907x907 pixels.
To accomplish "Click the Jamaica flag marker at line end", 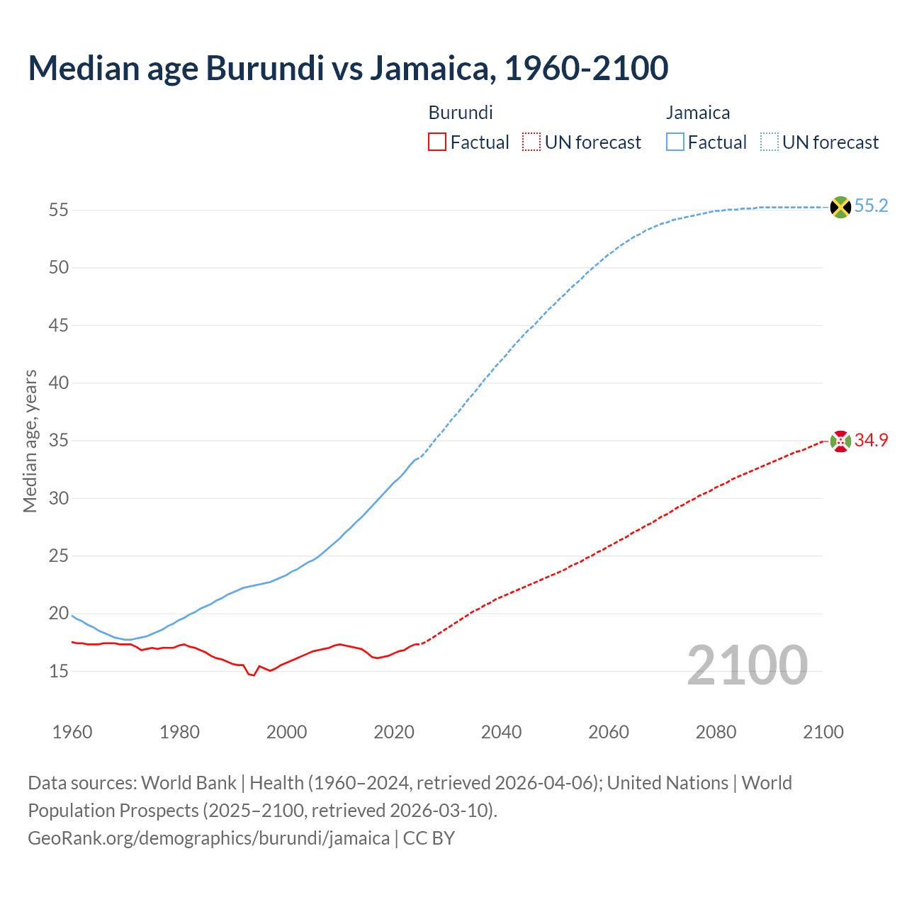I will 840,207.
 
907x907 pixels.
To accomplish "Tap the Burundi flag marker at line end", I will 840,441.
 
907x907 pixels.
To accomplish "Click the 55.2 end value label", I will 871,206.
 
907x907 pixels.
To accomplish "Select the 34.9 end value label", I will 871,440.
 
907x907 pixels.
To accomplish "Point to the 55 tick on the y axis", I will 59,210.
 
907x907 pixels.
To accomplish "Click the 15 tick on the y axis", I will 59,671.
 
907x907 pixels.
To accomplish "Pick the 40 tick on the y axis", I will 59,383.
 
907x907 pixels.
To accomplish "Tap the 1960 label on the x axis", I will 72,732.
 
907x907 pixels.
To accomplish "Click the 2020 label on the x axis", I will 394,732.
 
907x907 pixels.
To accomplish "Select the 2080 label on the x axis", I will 716,732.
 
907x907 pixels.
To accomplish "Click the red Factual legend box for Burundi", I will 437,142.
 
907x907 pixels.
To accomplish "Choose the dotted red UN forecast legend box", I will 531,142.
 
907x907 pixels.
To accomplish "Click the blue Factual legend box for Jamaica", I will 675,142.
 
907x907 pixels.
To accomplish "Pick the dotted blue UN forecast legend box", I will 770,142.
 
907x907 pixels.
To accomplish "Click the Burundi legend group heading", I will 461,113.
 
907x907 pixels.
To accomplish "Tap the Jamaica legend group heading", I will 698,113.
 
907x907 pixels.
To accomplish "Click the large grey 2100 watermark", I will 747,665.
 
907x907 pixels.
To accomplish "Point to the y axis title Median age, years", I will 30,441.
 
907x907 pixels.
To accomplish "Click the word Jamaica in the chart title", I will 429,68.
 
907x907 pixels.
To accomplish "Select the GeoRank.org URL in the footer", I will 208,838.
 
